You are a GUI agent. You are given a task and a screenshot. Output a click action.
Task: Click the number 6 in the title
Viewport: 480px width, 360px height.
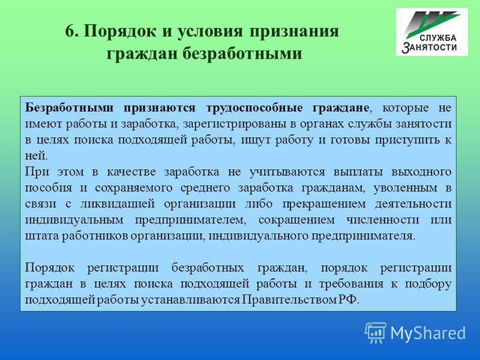coord(70,31)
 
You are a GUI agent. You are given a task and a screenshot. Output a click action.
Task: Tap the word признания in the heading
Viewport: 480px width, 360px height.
coord(294,32)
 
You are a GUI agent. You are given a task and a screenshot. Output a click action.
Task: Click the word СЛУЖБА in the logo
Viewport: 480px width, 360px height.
coord(438,38)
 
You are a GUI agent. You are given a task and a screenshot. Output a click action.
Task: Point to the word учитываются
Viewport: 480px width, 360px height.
coord(287,172)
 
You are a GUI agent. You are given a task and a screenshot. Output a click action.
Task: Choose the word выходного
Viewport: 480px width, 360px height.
coord(422,172)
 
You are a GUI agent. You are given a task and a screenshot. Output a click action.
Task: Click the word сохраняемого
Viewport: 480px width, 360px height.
coord(133,188)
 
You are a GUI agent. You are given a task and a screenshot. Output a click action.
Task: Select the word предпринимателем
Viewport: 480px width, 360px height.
coord(190,220)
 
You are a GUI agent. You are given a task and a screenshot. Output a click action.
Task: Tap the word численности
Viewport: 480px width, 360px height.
coord(383,220)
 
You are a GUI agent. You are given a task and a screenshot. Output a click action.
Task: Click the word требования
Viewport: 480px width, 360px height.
coord(351,284)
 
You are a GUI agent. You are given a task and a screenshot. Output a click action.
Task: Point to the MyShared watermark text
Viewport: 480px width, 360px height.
coord(428,333)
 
